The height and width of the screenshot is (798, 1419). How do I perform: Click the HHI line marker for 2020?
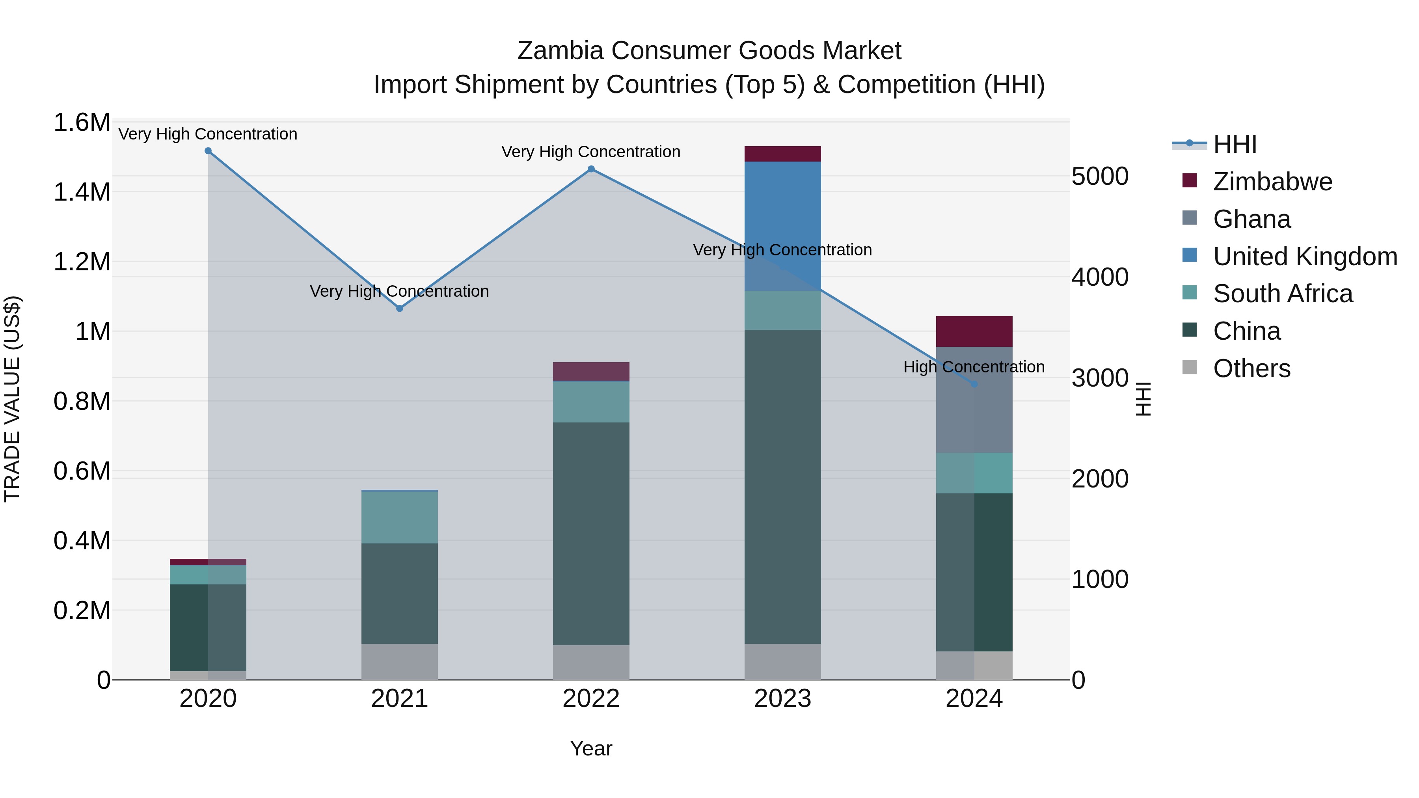click(208, 151)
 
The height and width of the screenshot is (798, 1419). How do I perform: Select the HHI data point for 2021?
click(400, 309)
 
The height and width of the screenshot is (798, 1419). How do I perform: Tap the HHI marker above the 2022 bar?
click(591, 169)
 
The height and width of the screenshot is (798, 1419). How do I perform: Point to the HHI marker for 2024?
click(974, 384)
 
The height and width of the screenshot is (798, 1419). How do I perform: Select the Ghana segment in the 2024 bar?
click(974, 407)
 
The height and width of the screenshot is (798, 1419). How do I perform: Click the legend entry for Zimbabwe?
click(1272, 182)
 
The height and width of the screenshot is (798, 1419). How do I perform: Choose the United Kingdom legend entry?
click(1304, 257)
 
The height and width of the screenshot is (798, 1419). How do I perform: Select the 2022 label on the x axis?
click(591, 699)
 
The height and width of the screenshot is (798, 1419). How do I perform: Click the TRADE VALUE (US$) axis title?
click(12, 399)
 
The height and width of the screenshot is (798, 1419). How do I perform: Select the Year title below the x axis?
click(591, 748)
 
